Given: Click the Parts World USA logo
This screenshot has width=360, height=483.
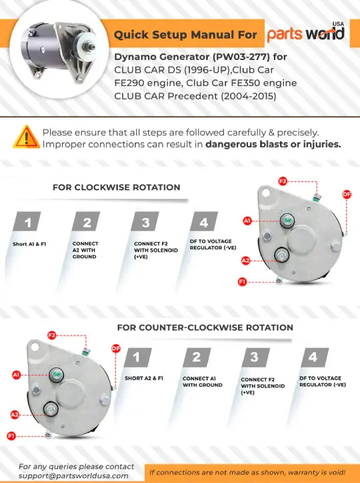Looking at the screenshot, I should coord(307,33).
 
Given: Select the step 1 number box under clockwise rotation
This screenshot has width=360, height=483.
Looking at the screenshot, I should coord(28,223).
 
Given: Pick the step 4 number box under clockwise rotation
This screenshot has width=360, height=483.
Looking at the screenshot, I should coord(205,223).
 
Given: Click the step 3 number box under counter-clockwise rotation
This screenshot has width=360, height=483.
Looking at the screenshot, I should coord(255,357).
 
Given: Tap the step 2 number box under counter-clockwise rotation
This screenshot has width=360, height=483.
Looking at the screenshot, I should coord(196,357).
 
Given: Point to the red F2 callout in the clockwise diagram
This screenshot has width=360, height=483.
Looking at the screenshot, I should coord(283,181).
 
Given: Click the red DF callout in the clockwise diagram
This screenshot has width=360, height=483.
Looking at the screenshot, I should coord(346,194).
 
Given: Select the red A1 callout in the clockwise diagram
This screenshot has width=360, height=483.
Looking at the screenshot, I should coord(247,221).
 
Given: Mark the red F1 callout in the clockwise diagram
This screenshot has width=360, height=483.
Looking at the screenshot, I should coord(242,282).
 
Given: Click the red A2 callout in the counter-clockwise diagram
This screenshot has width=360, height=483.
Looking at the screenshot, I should coord(15,414).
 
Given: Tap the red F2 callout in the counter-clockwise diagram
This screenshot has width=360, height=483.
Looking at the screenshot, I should coord(52,335).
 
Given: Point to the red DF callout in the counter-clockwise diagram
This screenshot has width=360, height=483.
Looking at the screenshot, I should coord(115,348).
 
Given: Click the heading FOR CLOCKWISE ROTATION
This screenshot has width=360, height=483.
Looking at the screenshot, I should coord(116,187).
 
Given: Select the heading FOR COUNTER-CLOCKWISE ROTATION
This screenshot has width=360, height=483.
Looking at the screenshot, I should coord(205,328).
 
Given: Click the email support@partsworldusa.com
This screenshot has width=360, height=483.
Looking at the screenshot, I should coord(73,476).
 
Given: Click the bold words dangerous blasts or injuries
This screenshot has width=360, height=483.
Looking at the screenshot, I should coord(273,143).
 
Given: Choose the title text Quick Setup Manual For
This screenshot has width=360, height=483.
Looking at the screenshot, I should coord(185,34).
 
